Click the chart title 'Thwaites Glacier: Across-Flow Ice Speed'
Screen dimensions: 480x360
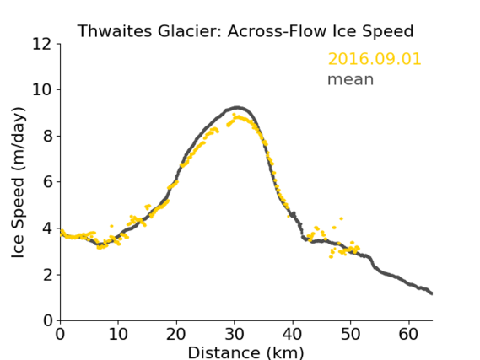point(245,31)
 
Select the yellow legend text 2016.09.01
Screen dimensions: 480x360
point(375,59)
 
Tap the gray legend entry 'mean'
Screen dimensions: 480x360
point(351,79)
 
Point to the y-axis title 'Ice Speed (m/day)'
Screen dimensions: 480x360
point(18,182)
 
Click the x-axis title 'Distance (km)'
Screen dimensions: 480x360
point(245,352)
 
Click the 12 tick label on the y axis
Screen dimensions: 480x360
point(42,45)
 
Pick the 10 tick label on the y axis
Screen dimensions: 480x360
point(42,90)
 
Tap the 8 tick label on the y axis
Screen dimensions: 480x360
point(47,136)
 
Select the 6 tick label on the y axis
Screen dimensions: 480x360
point(47,182)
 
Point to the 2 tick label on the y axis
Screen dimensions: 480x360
point(47,275)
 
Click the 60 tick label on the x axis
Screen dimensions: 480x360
point(408,334)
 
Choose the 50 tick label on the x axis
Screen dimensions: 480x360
point(350,334)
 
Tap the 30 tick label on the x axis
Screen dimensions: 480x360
point(235,334)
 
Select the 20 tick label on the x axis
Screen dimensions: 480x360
point(176,334)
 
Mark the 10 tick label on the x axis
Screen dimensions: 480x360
point(118,334)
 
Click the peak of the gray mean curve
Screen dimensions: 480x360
point(237,107)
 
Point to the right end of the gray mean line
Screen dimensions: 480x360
point(432,293)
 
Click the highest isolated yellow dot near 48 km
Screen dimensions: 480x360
point(341,218)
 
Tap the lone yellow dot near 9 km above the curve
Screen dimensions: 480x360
point(111,226)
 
